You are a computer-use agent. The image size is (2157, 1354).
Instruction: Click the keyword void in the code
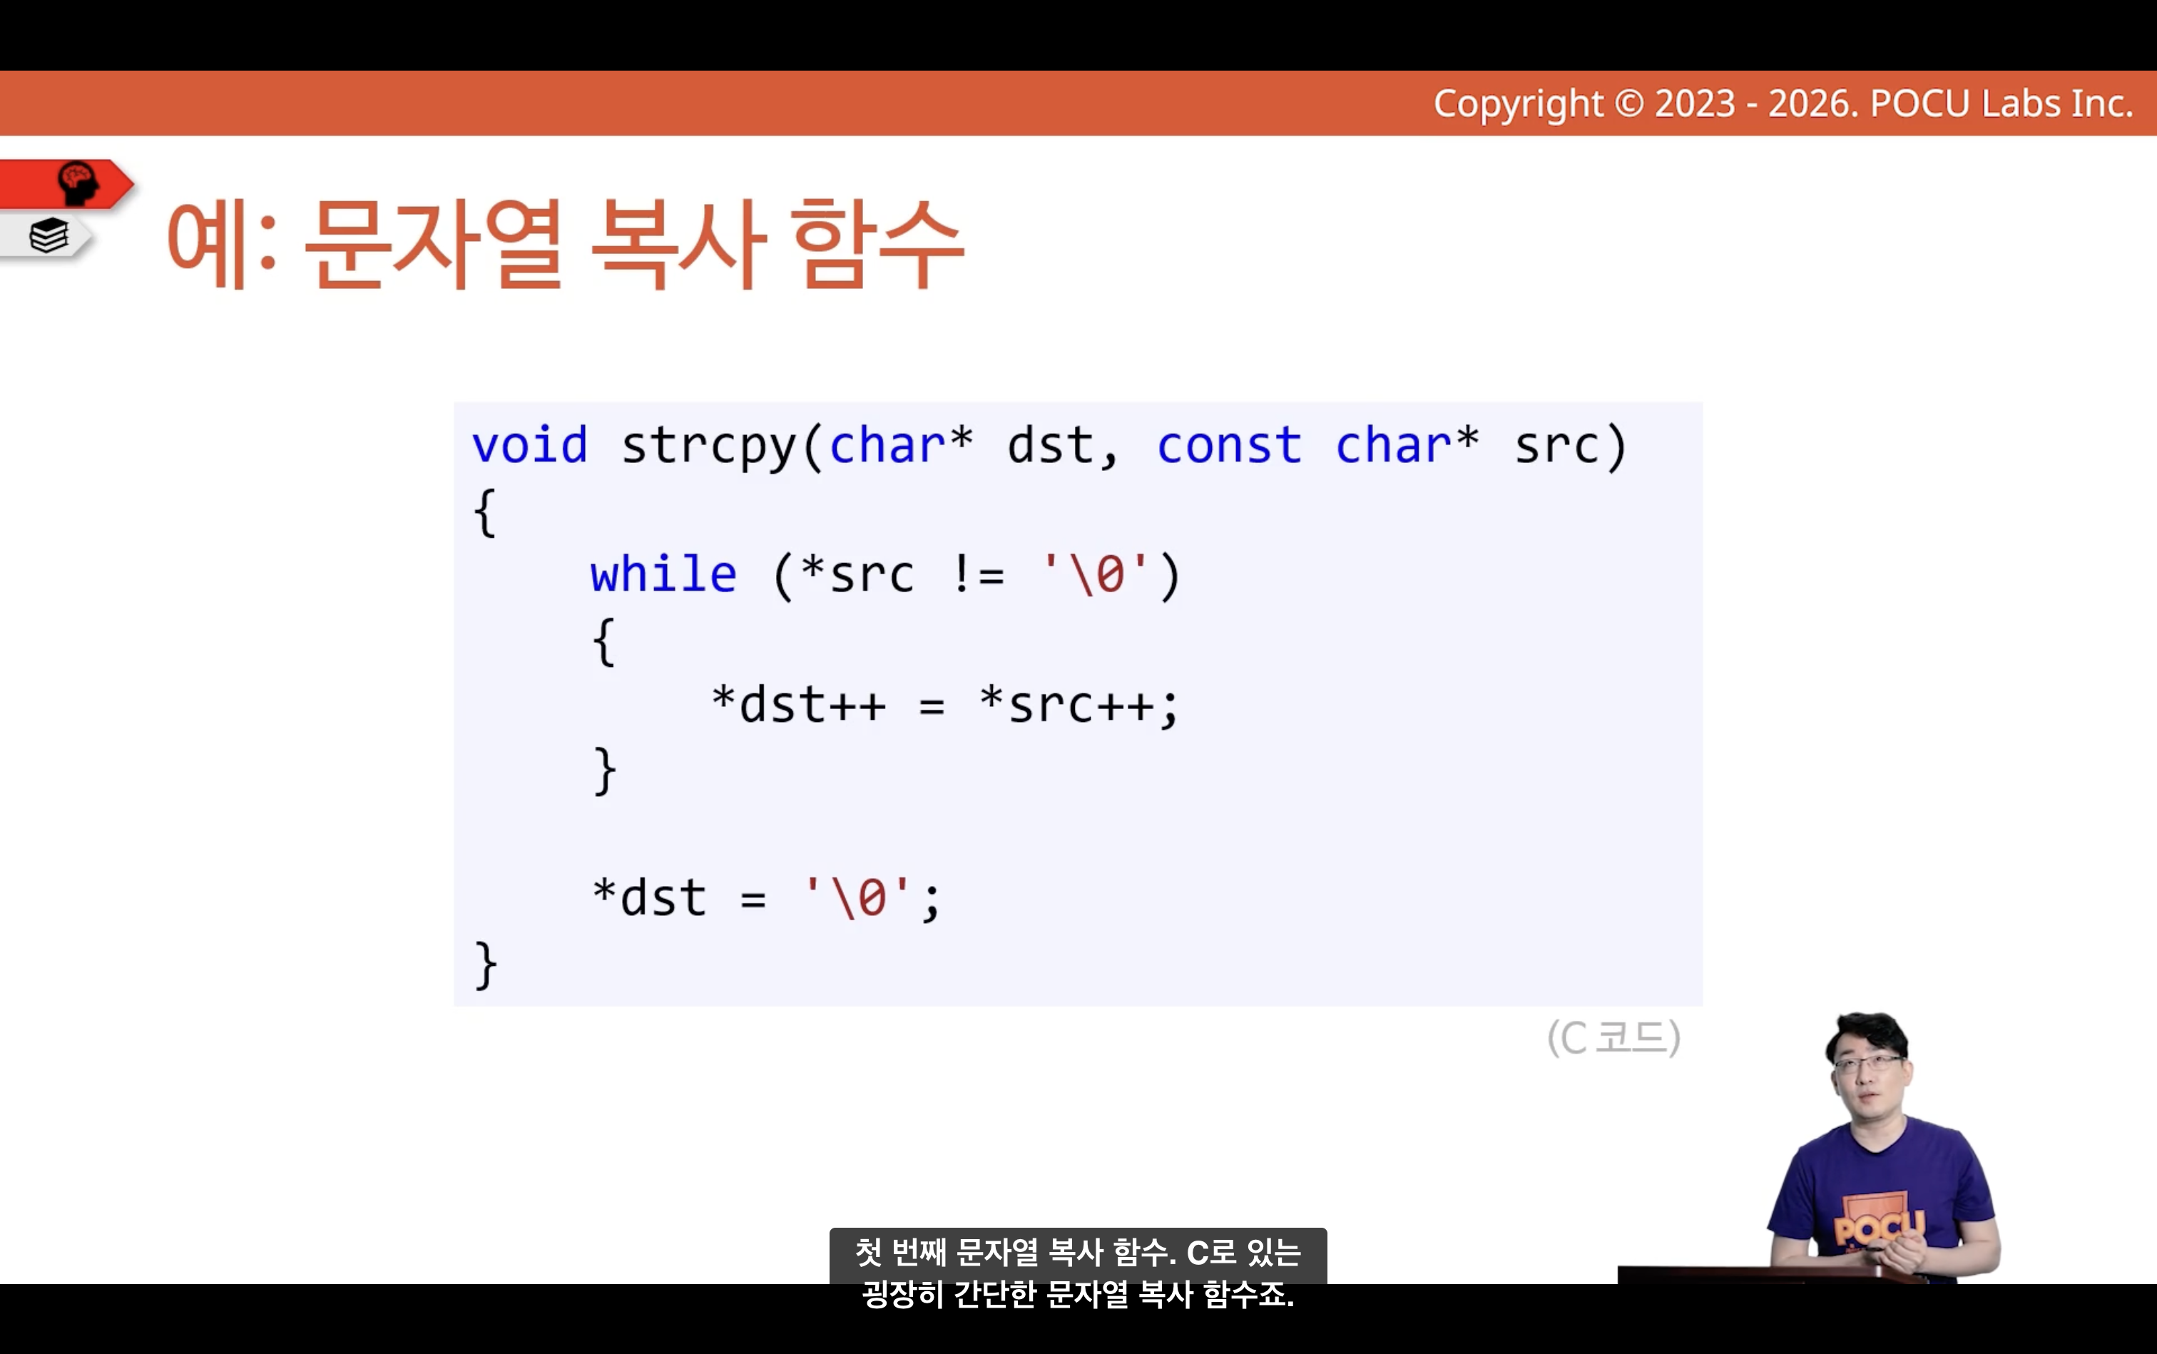point(529,445)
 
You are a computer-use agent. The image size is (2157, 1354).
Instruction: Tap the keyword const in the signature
point(1228,445)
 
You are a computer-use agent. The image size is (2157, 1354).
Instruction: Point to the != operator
point(978,574)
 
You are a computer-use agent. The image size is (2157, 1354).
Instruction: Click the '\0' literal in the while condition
point(1095,574)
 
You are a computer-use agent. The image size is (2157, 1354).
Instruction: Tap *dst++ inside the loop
point(799,704)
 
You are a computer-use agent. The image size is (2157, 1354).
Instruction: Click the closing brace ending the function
point(485,965)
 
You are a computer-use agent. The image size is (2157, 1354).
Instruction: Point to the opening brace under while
point(604,641)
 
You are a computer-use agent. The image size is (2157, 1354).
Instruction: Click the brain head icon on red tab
point(78,183)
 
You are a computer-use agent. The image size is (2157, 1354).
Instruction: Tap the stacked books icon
point(49,236)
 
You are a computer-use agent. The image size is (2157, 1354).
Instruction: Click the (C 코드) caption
point(1613,1038)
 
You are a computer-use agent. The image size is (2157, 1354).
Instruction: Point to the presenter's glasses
point(1869,1064)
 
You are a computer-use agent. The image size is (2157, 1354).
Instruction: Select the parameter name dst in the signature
point(1049,445)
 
